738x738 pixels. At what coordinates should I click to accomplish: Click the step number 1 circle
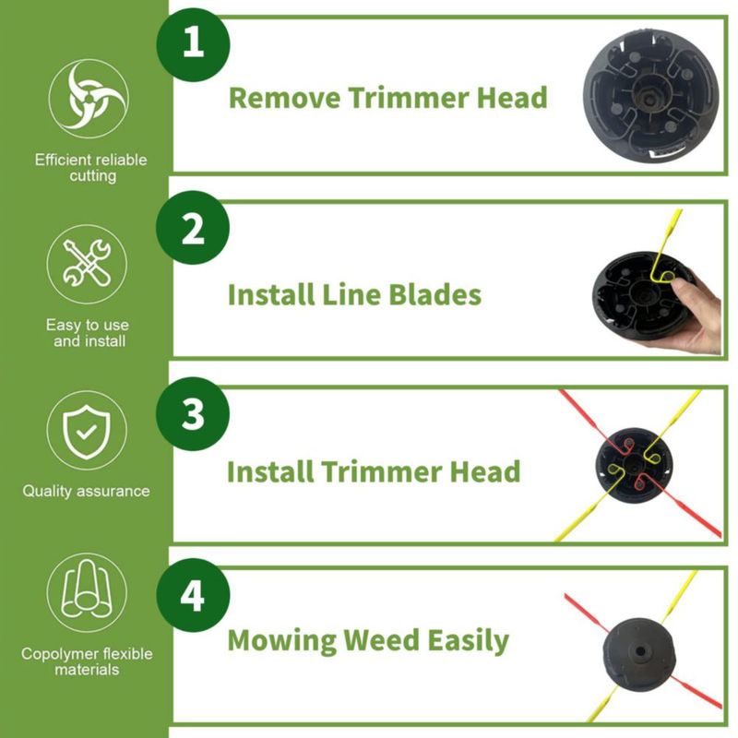pyautogui.click(x=193, y=44)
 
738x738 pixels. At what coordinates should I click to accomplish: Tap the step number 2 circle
pyautogui.click(x=193, y=228)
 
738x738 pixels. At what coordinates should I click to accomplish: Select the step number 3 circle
pyautogui.click(x=193, y=413)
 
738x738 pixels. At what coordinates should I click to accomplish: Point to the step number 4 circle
pyautogui.click(x=193, y=595)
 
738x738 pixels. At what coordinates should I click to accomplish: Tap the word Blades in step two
pyautogui.click(x=434, y=294)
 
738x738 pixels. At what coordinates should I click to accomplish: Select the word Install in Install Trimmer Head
pyautogui.click(x=270, y=471)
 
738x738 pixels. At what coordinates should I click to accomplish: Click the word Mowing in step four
pyautogui.click(x=281, y=641)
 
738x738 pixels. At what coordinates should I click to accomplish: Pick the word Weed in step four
pyautogui.click(x=381, y=640)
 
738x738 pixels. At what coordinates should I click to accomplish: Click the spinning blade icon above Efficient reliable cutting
pyautogui.click(x=89, y=99)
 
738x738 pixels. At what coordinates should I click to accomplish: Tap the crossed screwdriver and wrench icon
pyautogui.click(x=87, y=264)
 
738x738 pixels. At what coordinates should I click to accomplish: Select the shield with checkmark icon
pyautogui.click(x=87, y=430)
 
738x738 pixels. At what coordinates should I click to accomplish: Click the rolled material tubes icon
pyautogui.click(x=87, y=592)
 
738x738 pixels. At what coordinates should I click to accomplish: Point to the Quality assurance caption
pyautogui.click(x=86, y=491)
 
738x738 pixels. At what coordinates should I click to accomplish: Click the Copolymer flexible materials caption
pyautogui.click(x=87, y=661)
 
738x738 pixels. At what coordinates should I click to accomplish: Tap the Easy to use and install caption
pyautogui.click(x=88, y=333)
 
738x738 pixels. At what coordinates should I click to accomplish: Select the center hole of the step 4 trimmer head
pyautogui.click(x=640, y=651)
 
